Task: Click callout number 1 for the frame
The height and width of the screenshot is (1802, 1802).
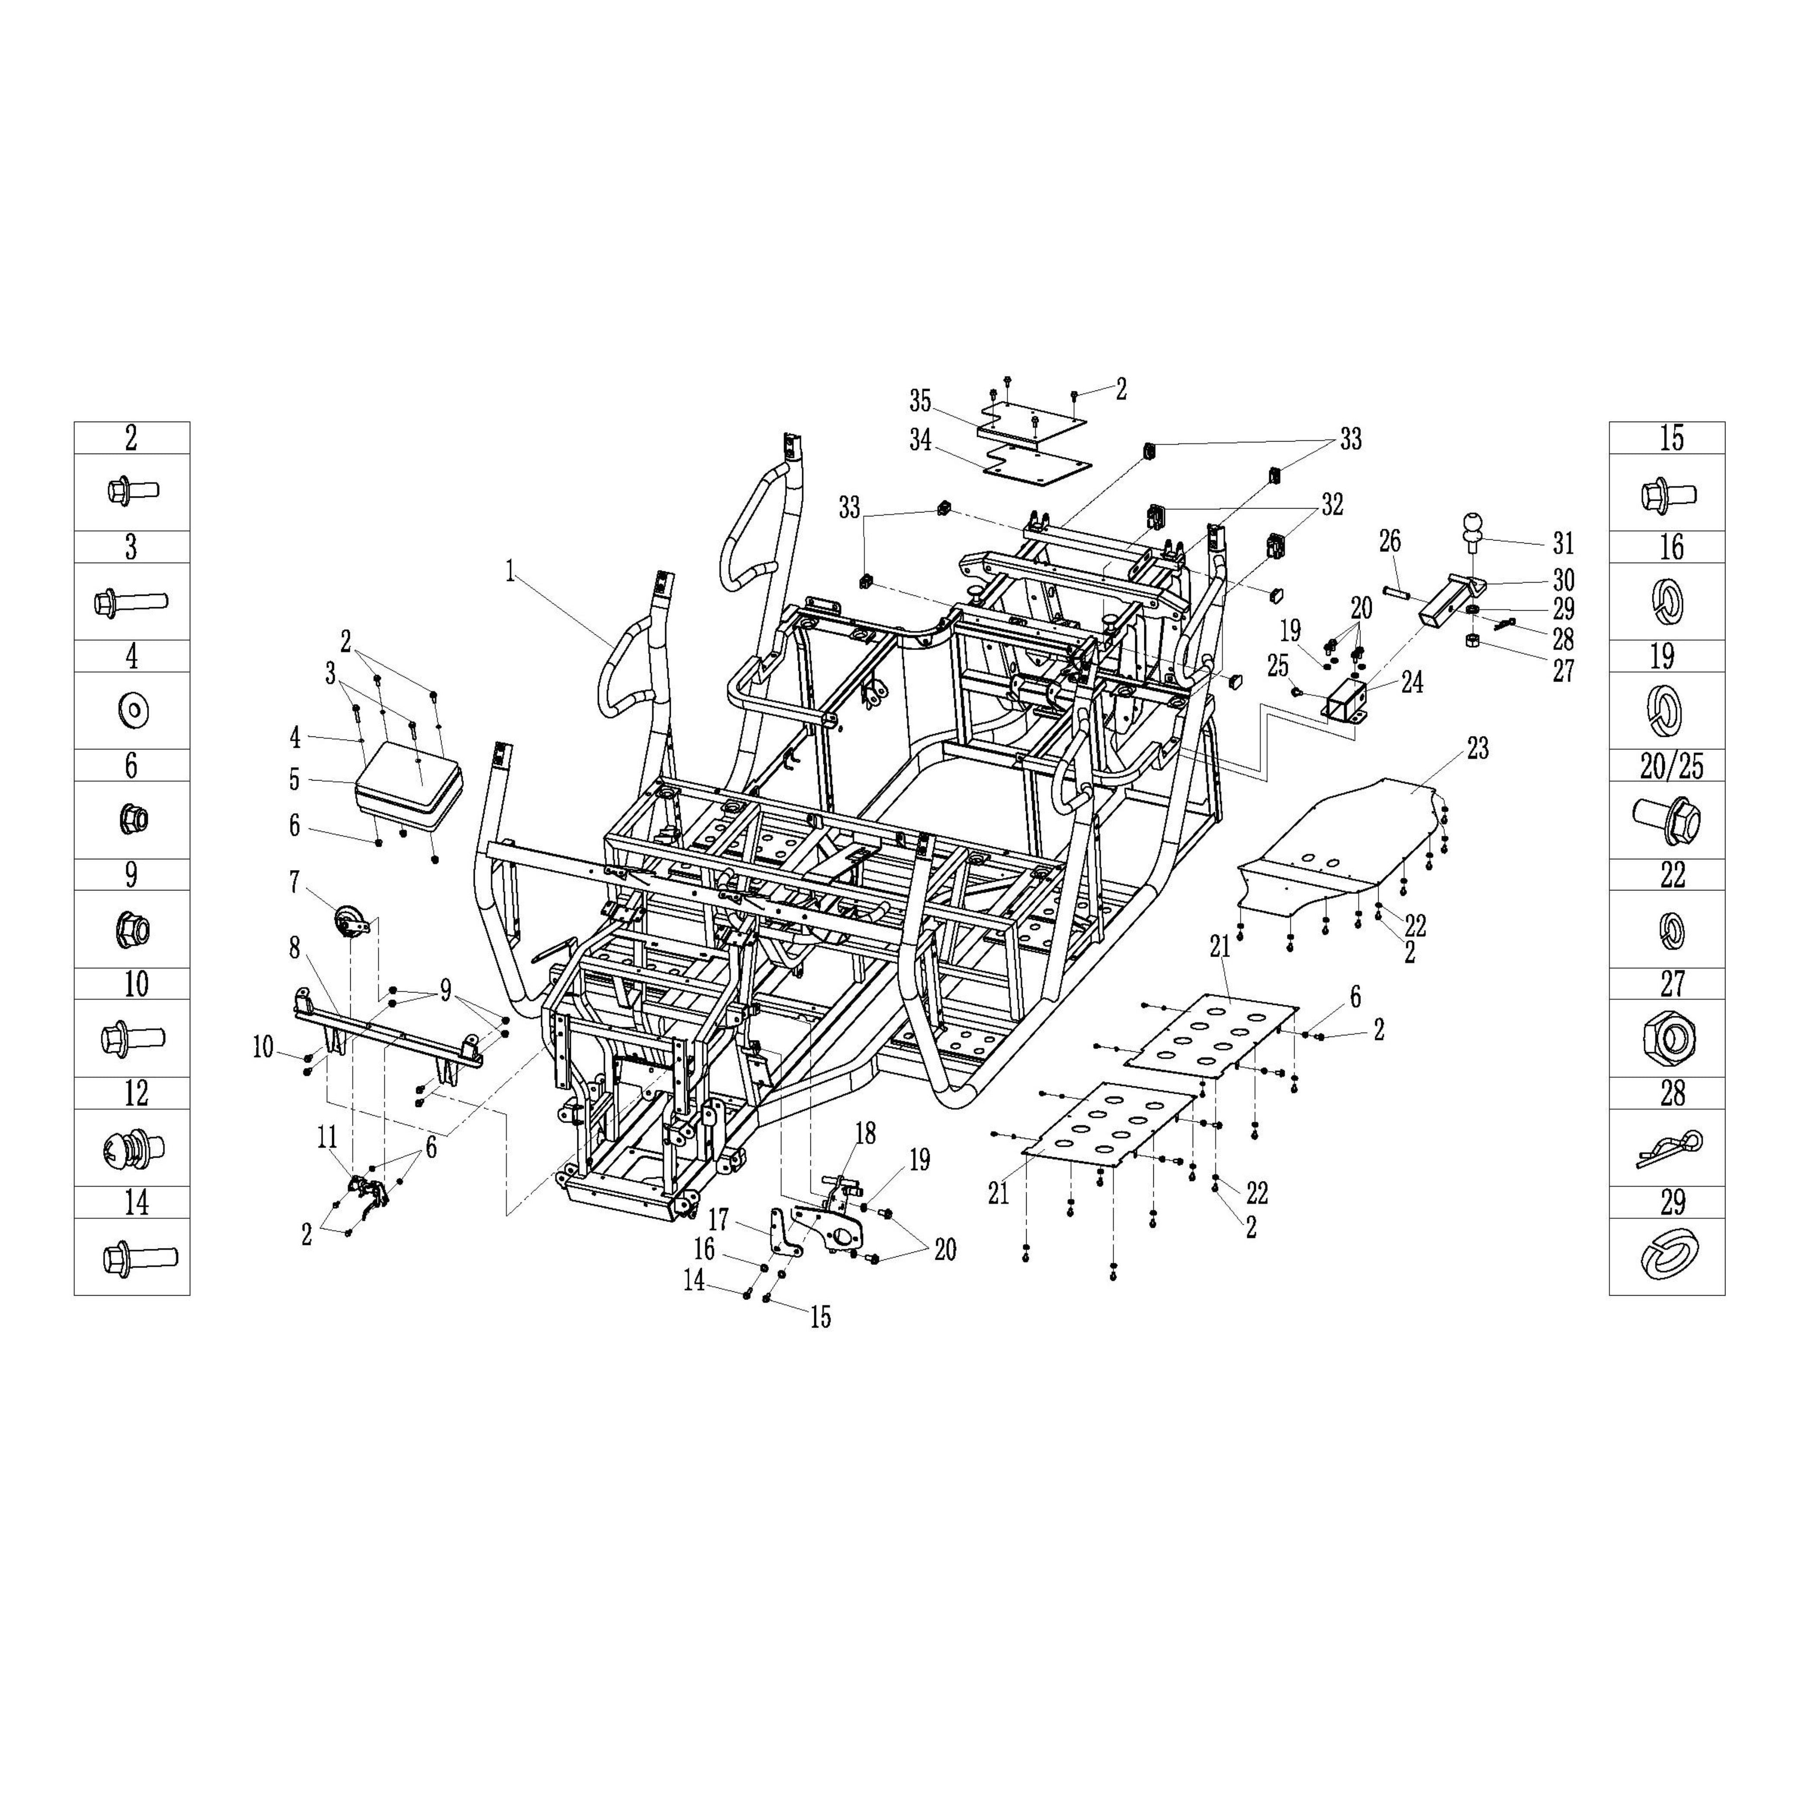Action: click(x=510, y=571)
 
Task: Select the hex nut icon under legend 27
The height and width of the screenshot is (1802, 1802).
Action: click(x=1670, y=1036)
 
